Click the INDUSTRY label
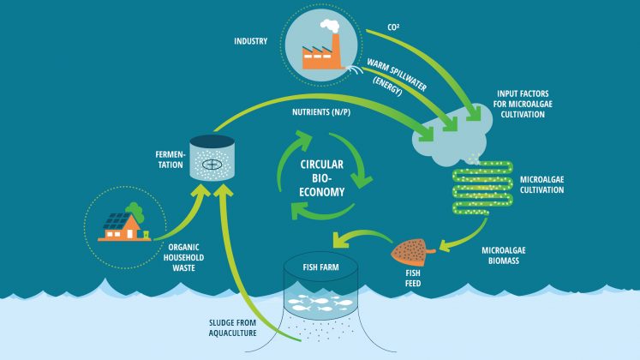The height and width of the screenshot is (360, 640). [x=251, y=41]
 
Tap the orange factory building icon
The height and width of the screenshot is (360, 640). [x=321, y=53]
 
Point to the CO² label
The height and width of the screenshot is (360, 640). [x=393, y=27]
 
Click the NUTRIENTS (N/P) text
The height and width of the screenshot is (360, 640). [x=321, y=111]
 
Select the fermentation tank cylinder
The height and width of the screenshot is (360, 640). [x=212, y=158]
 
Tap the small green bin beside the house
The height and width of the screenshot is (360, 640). [x=146, y=234]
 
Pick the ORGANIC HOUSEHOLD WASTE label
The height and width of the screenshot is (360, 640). [x=183, y=257]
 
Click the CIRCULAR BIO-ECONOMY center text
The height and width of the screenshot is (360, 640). [x=321, y=178]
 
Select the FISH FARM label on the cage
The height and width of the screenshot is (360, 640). [x=320, y=267]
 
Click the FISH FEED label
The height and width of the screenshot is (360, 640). [x=413, y=278]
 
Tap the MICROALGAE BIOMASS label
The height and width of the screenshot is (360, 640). [x=504, y=255]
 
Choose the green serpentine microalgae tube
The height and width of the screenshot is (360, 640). [x=483, y=188]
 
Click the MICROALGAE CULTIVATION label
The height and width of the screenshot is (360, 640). [x=542, y=184]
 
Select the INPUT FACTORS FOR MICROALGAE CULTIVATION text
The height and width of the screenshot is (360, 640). [x=523, y=104]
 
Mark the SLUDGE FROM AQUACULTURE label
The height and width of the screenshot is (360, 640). [x=233, y=327]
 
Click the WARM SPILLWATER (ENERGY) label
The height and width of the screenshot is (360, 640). [x=395, y=77]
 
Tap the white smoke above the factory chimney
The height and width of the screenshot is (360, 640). [x=330, y=26]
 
